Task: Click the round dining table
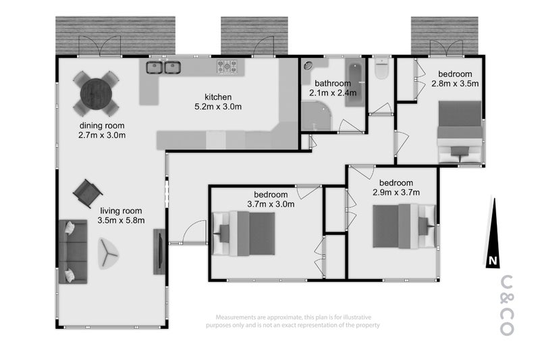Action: (96, 94)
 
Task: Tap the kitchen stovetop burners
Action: (227, 66)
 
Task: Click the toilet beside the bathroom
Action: (382, 69)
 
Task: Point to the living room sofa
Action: (73, 251)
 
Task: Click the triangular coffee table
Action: (108, 253)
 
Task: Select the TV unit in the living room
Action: (159, 251)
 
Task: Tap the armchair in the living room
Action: (88, 193)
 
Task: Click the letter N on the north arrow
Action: (493, 261)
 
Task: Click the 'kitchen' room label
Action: (218, 97)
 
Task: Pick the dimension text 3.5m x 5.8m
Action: (121, 220)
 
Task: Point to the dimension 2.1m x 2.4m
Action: (333, 93)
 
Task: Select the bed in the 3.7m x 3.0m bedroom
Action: (244, 234)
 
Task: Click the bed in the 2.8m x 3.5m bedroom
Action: (460, 132)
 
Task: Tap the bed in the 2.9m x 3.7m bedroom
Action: (404, 226)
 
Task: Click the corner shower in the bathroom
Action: (317, 115)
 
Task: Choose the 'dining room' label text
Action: (102, 126)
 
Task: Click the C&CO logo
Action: (508, 305)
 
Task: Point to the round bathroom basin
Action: (308, 66)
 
